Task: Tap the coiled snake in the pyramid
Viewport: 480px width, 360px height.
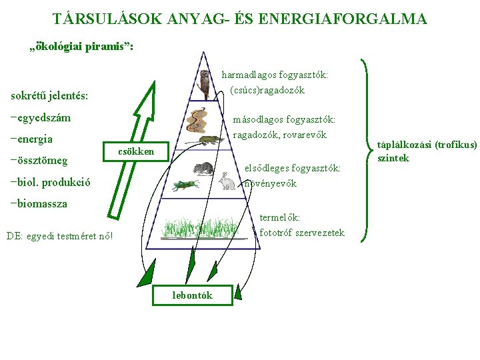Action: pos(196,119)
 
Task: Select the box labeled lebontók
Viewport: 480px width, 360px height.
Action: pos(192,295)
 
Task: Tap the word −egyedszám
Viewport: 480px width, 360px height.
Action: pos(41,118)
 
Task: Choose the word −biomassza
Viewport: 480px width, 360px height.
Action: pos(39,203)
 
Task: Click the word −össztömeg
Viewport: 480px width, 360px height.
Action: pos(39,161)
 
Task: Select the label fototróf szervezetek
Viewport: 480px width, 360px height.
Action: pos(302,233)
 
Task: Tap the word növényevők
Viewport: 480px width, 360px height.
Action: pos(270,183)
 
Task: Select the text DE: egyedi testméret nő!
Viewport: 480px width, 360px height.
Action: pos(59,235)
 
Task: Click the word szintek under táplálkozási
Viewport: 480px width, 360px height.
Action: pos(393,158)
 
